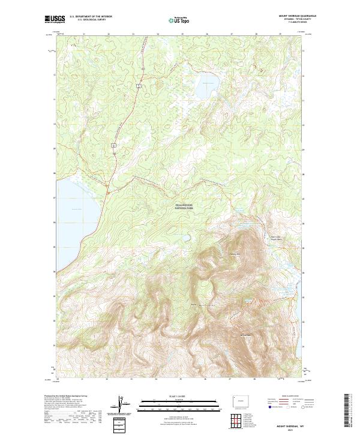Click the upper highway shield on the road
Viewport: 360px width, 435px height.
139,86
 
